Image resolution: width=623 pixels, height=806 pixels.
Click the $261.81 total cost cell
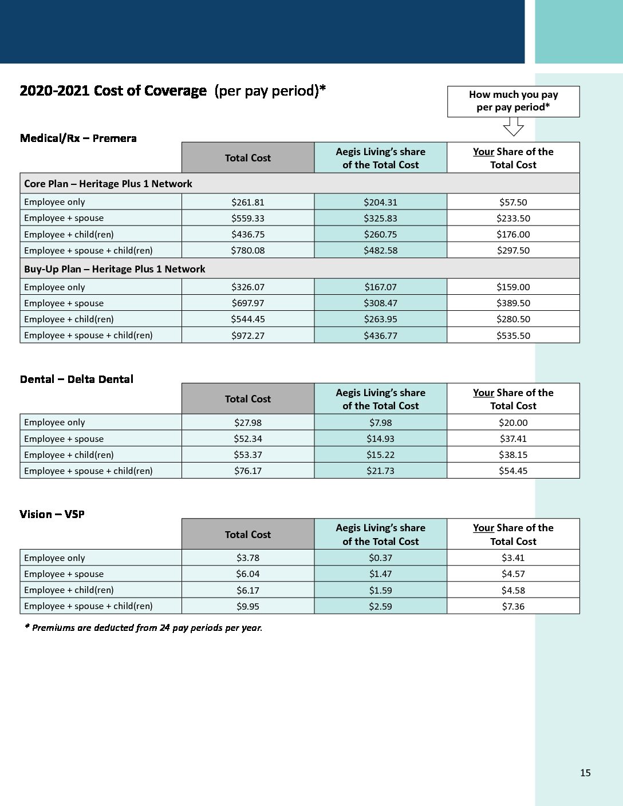coord(248,202)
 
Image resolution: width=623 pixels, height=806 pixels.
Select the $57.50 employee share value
coord(513,202)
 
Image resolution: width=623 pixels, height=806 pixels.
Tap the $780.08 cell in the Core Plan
coord(248,250)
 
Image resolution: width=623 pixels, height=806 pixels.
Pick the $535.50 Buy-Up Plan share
coord(513,335)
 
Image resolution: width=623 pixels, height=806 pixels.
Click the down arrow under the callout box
coord(513,127)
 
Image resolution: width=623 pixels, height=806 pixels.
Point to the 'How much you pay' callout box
coord(513,101)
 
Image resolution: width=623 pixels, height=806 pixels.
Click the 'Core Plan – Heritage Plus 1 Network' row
coord(108,184)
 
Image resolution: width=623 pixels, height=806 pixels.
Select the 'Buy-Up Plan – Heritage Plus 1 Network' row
coord(115,269)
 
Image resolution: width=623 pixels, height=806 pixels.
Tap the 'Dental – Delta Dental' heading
coord(76,379)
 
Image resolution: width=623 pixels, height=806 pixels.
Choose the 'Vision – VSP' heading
coord(52,514)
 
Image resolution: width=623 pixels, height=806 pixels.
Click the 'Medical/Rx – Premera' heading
coord(78,138)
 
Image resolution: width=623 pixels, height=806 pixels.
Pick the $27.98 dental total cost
coord(248,422)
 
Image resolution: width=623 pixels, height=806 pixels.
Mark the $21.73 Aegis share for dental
coord(380,471)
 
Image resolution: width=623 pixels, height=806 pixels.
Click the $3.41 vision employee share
coord(513,558)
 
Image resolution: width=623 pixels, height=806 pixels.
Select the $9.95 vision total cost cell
coord(248,606)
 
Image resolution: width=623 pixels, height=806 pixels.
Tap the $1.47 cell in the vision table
coord(380,574)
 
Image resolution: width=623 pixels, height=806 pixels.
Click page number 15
coord(585,773)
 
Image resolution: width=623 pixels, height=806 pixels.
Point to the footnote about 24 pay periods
coord(143,627)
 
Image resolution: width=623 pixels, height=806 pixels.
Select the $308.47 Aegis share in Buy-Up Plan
coord(380,303)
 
